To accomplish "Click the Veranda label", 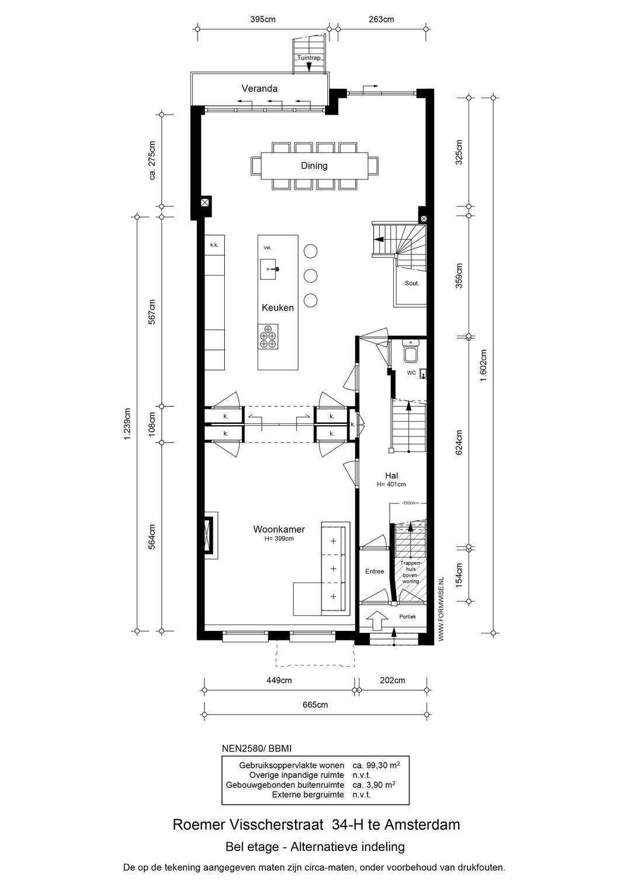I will pyautogui.click(x=259, y=89).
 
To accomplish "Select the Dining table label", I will pyautogui.click(x=314, y=166).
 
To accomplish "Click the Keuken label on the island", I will pyautogui.click(x=278, y=307).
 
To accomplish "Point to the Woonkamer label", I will pyautogui.click(x=279, y=529).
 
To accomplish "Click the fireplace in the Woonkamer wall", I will pyautogui.click(x=209, y=535).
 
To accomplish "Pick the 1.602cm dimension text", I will pyautogui.click(x=483, y=366).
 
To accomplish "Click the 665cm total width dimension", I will pyautogui.click(x=315, y=705).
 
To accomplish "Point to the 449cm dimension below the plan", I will pyautogui.click(x=279, y=680).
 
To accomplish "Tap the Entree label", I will pyautogui.click(x=375, y=571).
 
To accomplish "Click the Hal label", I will pyautogui.click(x=391, y=476).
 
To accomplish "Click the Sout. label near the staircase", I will pyautogui.click(x=412, y=282).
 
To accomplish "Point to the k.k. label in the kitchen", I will pyautogui.click(x=214, y=245).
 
